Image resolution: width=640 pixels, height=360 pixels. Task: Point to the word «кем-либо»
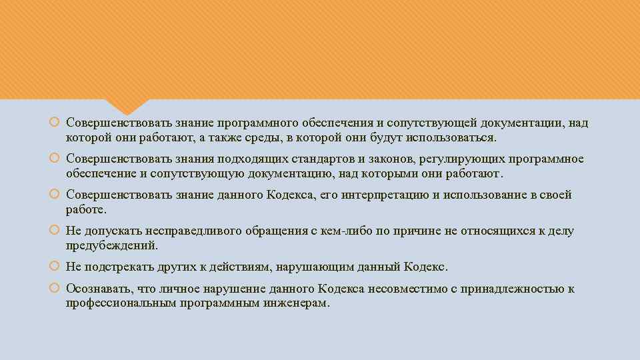tap(339, 231)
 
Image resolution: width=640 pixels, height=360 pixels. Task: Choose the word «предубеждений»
tap(112, 245)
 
